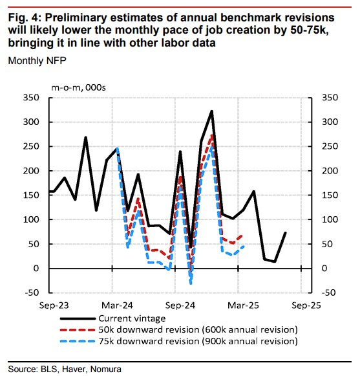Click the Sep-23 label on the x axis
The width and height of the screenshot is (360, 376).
pyautogui.click(x=54, y=305)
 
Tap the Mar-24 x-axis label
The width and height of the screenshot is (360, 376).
pyautogui.click(x=117, y=305)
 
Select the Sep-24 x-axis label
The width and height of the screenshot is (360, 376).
pyautogui.click(x=180, y=305)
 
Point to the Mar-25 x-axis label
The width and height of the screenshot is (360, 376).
pyautogui.click(x=243, y=305)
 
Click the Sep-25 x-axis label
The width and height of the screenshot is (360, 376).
pyautogui.click(x=306, y=305)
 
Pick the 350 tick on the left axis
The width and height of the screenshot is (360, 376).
pyautogui.click(x=31, y=98)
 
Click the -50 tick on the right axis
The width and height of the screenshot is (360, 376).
pyautogui.click(x=328, y=293)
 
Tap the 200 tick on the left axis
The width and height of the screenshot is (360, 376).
pyautogui.click(x=31, y=171)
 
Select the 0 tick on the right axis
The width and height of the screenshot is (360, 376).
pyautogui.click(x=324, y=269)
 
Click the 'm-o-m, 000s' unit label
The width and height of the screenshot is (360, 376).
pyautogui.click(x=78, y=88)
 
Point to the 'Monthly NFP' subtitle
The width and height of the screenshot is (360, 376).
pyautogui.click(x=37, y=61)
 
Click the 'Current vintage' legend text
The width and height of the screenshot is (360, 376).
pyautogui.click(x=132, y=318)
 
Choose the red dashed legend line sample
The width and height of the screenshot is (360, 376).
pyautogui.click(x=78, y=330)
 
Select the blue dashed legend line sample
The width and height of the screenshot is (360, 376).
pyautogui.click(x=78, y=341)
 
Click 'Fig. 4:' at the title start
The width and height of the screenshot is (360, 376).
pyautogui.click(x=25, y=18)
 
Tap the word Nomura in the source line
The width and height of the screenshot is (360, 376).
pyautogui.click(x=105, y=369)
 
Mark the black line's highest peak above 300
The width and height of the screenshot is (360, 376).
pyautogui.click(x=212, y=111)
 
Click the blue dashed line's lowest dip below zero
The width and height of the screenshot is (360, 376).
pyautogui.click(x=191, y=283)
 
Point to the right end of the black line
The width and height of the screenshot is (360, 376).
pyautogui.click(x=285, y=232)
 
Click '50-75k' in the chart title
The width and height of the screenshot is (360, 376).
pyautogui.click(x=309, y=30)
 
